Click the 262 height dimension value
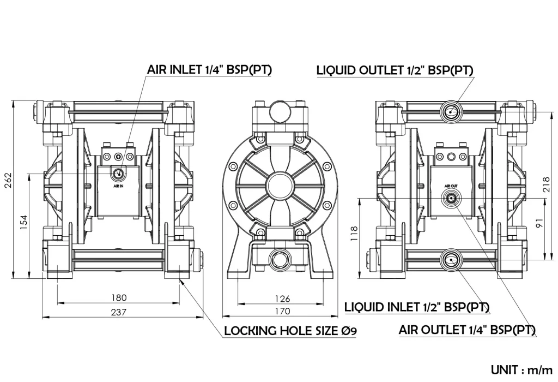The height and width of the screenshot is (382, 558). point(8,180)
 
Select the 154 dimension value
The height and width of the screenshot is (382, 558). point(23,222)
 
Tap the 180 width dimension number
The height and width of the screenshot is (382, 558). point(119,297)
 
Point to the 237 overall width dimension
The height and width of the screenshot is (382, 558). point(118,312)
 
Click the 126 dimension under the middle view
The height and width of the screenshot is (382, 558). point(282,299)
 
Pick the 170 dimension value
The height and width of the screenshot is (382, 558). point(282,311)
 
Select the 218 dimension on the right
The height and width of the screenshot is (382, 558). point(547,184)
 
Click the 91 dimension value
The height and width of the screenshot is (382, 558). point(539,223)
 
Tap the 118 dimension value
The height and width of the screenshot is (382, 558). point(354,234)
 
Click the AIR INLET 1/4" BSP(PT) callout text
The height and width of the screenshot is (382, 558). point(209,69)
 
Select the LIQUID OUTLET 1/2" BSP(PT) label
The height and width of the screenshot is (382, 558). point(395,70)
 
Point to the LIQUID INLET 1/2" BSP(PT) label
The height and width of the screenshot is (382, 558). point(417,307)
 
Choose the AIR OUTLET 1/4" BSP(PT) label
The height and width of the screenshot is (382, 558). point(467,330)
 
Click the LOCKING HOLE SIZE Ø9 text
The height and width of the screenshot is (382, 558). point(290,331)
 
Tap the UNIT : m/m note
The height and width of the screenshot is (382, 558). point(521,369)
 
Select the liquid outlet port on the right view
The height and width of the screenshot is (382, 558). point(451,112)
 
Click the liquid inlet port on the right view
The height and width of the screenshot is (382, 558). point(451,260)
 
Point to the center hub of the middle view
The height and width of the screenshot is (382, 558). point(280,186)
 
